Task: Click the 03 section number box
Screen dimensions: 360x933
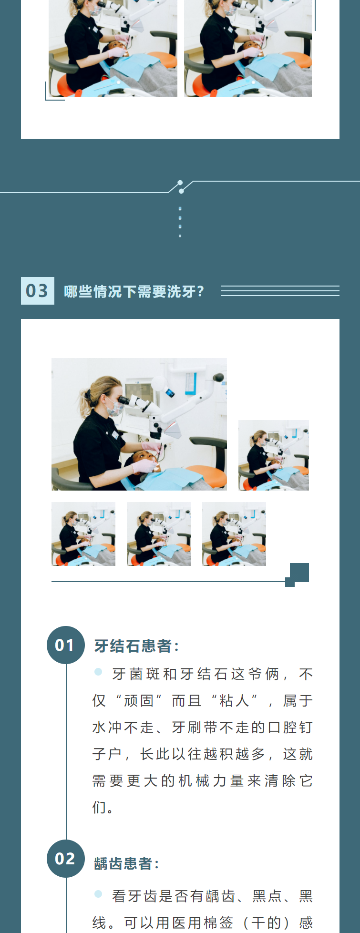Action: click(x=38, y=291)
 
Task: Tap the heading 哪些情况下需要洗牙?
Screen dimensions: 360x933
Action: click(x=134, y=291)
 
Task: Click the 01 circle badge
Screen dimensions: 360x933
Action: click(x=66, y=645)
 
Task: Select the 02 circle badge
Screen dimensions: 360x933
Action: click(x=66, y=859)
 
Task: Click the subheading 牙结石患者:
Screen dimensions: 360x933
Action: click(x=136, y=646)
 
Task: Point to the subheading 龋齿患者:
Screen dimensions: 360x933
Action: click(x=126, y=863)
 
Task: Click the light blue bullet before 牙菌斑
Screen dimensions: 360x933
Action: click(x=98, y=672)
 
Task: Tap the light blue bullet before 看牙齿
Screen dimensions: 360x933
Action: click(x=98, y=893)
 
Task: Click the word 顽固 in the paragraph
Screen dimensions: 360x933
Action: click(x=138, y=701)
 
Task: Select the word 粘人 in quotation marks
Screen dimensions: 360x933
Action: click(x=234, y=701)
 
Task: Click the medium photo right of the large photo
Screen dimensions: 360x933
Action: click(x=274, y=455)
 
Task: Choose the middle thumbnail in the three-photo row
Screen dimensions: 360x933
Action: click(x=159, y=534)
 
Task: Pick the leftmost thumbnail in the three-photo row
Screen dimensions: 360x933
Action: click(x=83, y=534)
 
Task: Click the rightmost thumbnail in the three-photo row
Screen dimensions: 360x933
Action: click(x=234, y=534)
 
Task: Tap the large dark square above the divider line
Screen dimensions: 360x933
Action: click(x=299, y=573)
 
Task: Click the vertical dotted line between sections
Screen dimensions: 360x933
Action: click(x=180, y=222)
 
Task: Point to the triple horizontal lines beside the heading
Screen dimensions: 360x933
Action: click(x=280, y=291)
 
